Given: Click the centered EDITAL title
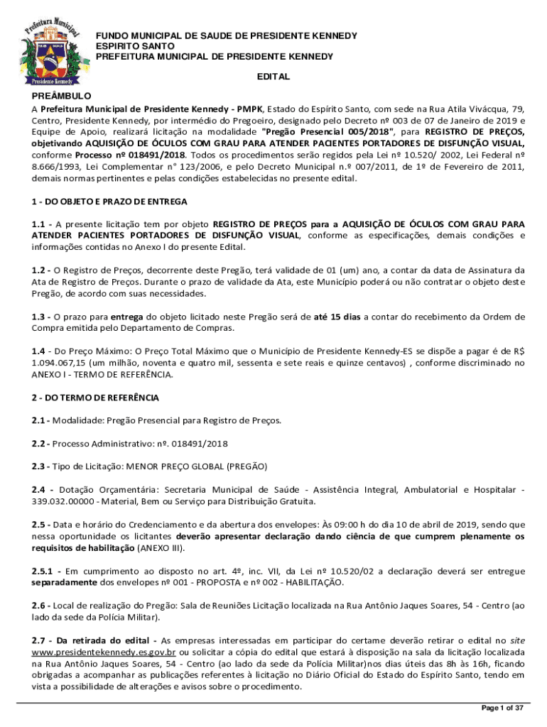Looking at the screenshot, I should pos(273,76).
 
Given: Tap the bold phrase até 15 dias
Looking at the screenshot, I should pos(337,317).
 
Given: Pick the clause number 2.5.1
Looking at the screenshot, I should pos(45,572).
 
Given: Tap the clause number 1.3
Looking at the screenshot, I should pos(40,317).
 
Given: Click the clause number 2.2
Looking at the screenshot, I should pos(40,444).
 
